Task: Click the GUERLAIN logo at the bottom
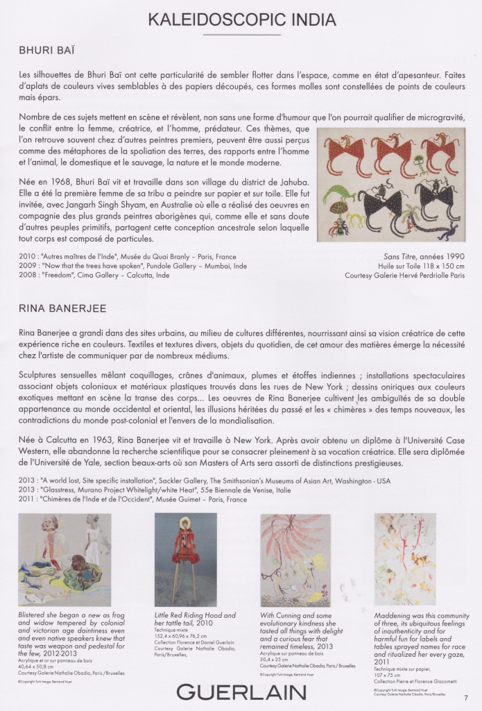click(241, 692)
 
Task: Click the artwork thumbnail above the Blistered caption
click(64, 560)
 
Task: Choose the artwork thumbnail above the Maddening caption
click(405, 560)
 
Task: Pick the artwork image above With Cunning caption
click(294, 560)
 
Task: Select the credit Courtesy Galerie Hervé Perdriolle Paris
click(404, 275)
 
